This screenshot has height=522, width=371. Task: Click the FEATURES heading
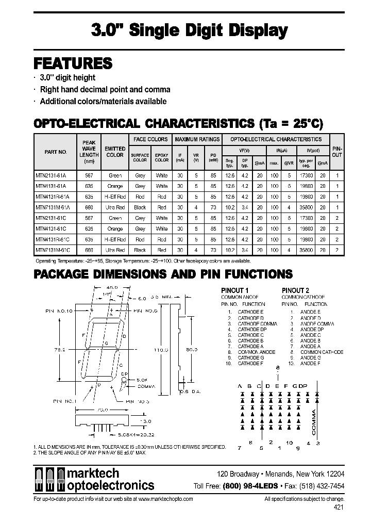click(x=73, y=63)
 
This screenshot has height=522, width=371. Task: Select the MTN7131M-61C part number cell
click(x=54, y=250)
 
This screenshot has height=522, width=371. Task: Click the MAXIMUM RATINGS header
click(x=197, y=139)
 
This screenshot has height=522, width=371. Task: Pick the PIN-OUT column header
click(x=337, y=151)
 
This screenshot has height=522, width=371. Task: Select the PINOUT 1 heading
click(x=235, y=290)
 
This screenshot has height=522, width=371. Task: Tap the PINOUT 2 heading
click(x=296, y=290)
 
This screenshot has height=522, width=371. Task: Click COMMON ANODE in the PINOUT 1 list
click(x=256, y=352)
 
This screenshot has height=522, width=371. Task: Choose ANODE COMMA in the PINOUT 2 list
click(x=317, y=323)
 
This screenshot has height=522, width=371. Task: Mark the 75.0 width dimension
click(x=103, y=410)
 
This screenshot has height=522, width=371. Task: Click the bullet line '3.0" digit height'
click(x=68, y=77)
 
